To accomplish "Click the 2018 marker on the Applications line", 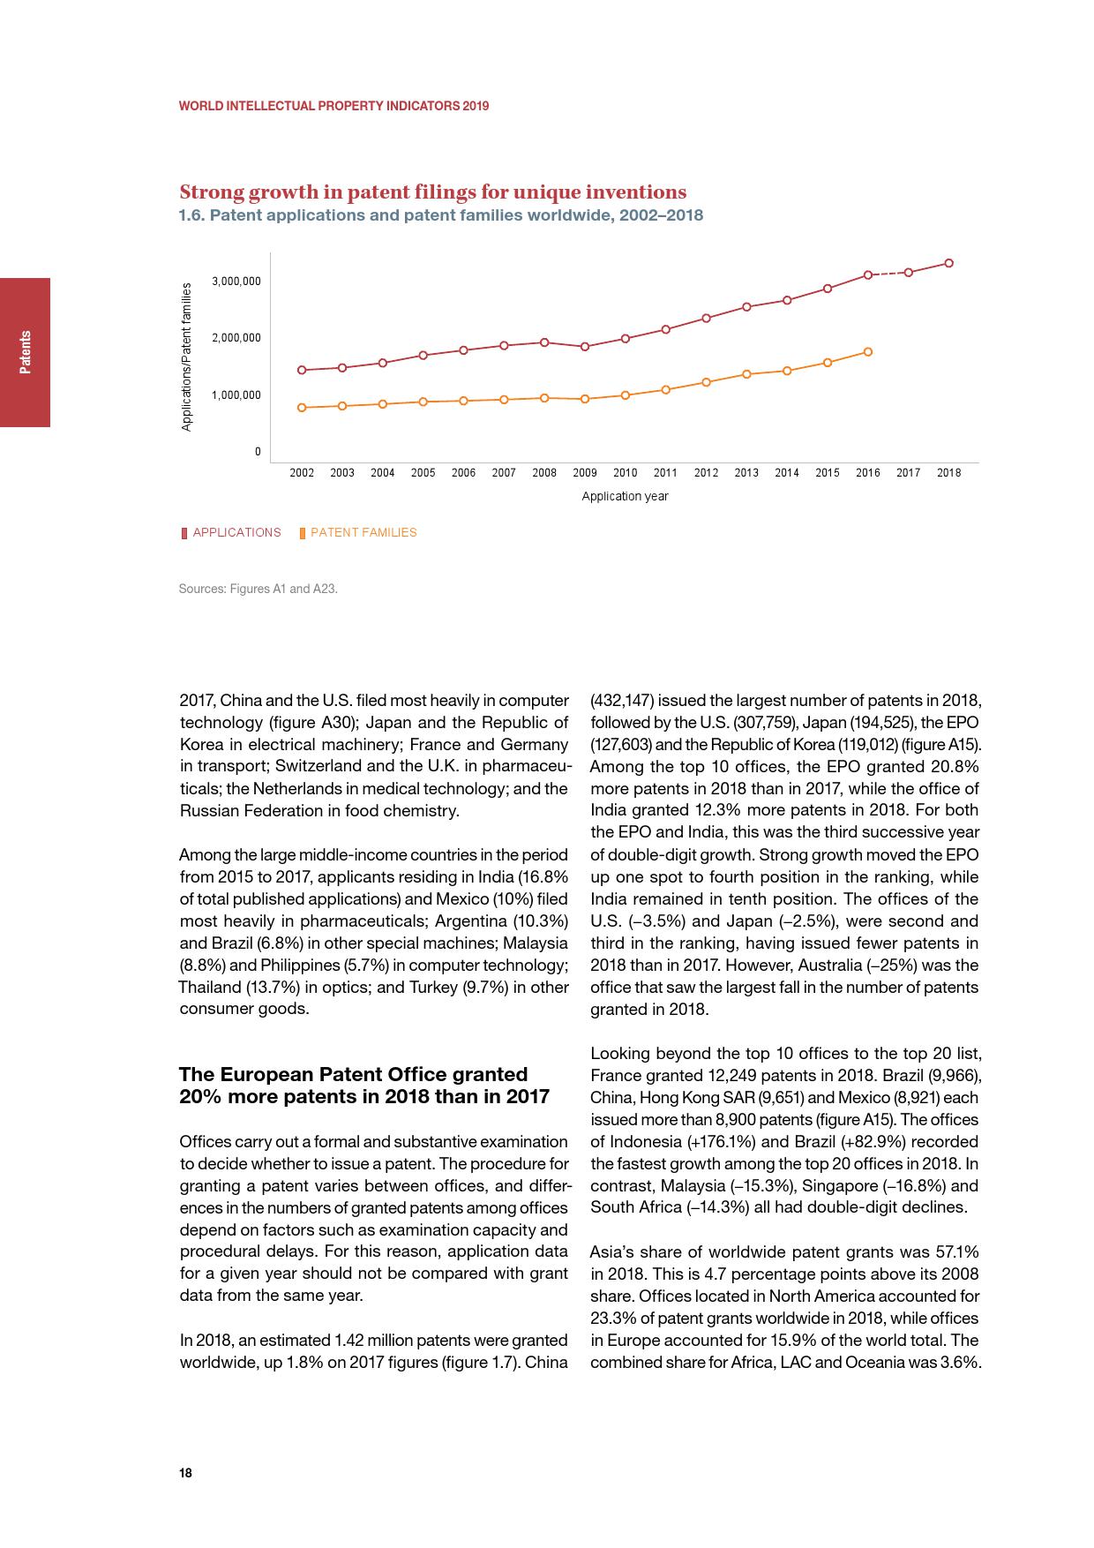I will click(x=948, y=263).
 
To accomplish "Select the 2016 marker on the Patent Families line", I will click(x=868, y=352).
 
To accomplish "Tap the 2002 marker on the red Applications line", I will click(x=302, y=370).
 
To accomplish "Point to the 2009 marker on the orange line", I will click(x=585, y=399).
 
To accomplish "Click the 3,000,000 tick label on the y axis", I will click(x=236, y=282).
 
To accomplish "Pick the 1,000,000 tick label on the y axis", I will click(x=236, y=395).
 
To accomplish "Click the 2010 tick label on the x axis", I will click(x=626, y=473).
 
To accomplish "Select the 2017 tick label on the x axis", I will click(x=909, y=473).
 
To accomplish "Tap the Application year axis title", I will click(x=625, y=497).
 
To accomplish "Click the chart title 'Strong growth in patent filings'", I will click(x=432, y=192).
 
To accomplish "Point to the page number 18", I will click(x=185, y=1473).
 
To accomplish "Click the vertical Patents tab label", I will click(x=26, y=352).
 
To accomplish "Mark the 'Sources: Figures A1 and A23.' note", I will click(x=258, y=589).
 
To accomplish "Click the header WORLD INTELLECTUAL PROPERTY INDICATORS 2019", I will click(x=333, y=106).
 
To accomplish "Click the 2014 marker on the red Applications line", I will click(x=787, y=300).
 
